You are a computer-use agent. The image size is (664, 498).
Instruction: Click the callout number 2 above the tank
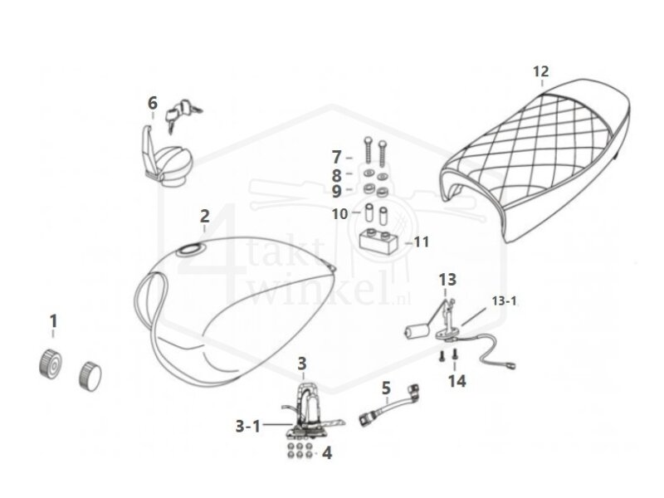click(204, 217)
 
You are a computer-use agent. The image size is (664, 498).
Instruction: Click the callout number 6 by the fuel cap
click(152, 103)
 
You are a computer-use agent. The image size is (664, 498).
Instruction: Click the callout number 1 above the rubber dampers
click(53, 320)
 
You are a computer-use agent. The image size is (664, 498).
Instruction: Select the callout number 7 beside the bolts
click(337, 156)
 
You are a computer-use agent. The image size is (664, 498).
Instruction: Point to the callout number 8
click(337, 175)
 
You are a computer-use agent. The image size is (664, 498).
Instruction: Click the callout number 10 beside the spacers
click(340, 213)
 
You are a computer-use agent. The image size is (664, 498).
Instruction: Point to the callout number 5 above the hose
click(385, 387)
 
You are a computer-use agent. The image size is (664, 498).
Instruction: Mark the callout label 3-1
click(247, 426)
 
